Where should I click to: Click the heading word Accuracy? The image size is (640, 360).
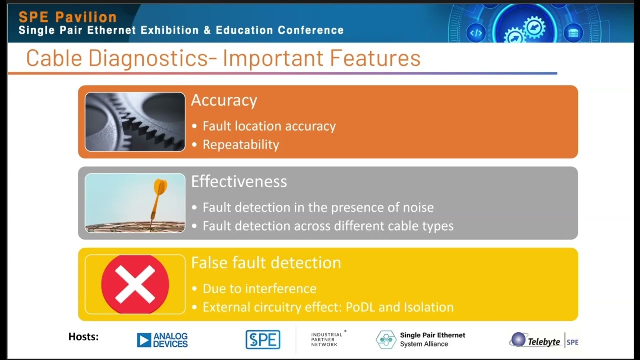(224, 100)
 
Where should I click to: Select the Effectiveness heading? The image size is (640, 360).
(239, 181)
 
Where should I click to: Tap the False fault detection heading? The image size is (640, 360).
(266, 263)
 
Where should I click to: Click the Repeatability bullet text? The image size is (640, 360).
(241, 145)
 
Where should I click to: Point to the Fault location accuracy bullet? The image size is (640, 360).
(269, 126)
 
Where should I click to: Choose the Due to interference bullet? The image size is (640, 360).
(259, 289)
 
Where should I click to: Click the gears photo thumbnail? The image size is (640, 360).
(135, 122)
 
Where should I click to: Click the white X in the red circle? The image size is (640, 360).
(135, 284)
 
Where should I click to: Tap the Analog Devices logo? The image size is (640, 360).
(162, 340)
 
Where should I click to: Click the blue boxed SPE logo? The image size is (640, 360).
(263, 340)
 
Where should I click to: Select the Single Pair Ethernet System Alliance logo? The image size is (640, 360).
(421, 339)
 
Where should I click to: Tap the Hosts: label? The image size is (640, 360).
(83, 337)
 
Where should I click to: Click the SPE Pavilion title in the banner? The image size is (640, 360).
(67, 17)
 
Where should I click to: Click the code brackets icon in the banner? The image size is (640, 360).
(475, 33)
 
